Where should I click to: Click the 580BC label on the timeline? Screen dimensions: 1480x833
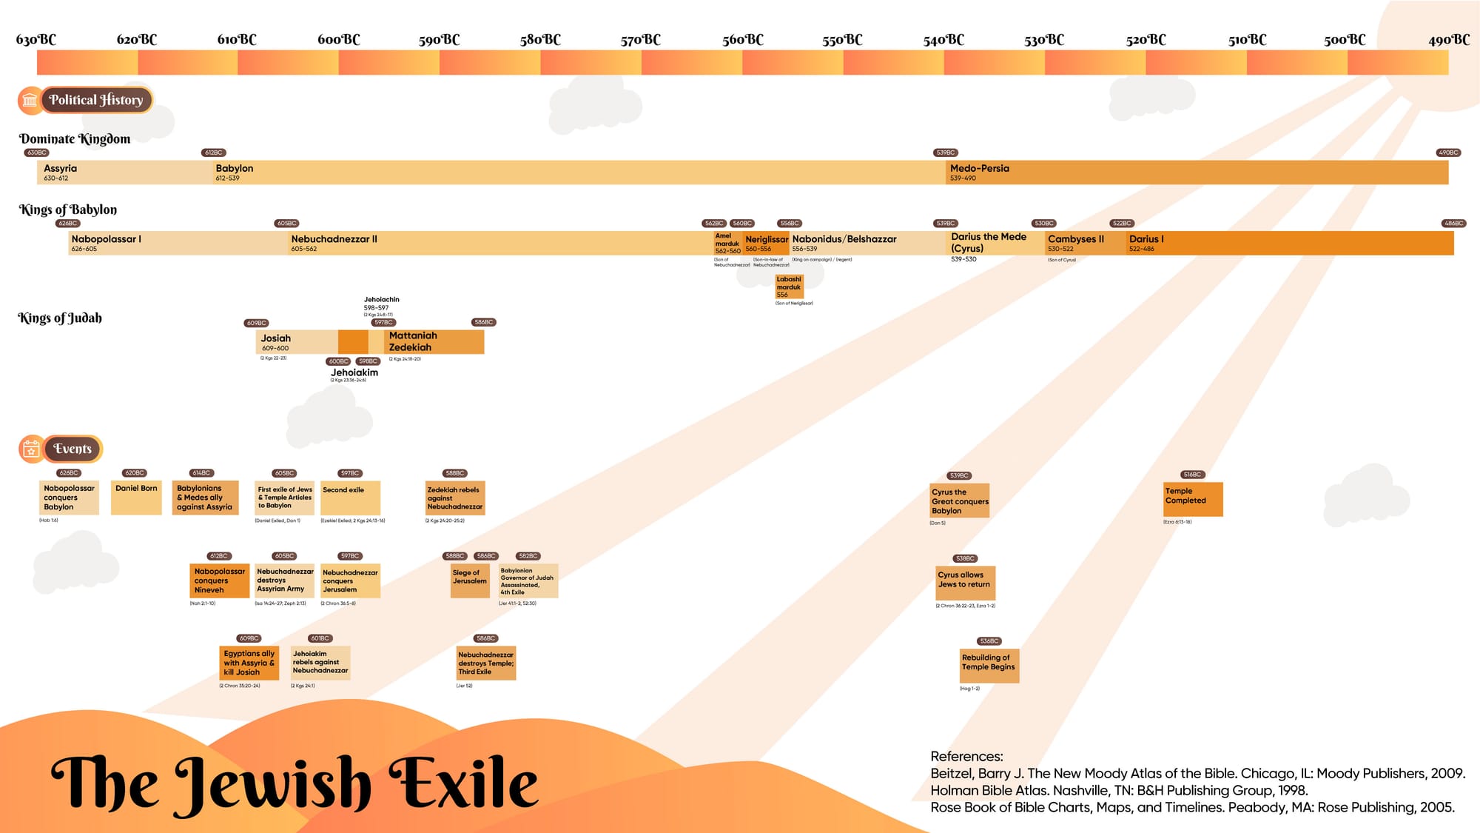pyautogui.click(x=540, y=40)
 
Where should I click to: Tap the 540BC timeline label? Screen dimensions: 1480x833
pyautogui.click(x=943, y=40)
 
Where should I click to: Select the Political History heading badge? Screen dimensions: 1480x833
pyautogui.click(x=95, y=100)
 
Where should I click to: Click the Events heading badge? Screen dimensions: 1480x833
pyautogui.click(x=72, y=449)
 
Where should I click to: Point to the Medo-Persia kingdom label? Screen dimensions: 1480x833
pyautogui.click(x=979, y=169)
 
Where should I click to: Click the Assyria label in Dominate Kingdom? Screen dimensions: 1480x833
pyautogui.click(x=60, y=169)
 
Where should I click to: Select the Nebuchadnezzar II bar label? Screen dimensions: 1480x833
pyautogui.click(x=334, y=239)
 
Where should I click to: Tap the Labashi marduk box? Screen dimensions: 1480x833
pyautogui.click(x=789, y=287)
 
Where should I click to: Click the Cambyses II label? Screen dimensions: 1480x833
pyautogui.click(x=1075, y=239)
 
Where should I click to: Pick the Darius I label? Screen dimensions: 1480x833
pyautogui.click(x=1146, y=239)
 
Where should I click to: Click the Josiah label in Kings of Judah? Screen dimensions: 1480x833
pyautogui.click(x=275, y=338)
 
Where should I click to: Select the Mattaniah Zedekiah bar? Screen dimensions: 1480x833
pyautogui.click(x=434, y=341)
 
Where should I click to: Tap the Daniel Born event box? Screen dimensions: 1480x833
pyautogui.click(x=136, y=498)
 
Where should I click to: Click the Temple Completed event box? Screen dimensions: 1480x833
pyautogui.click(x=1192, y=499)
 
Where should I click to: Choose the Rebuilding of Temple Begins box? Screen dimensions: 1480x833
pyautogui.click(x=989, y=666)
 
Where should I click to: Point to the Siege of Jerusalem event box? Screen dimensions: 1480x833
pyautogui.click(x=470, y=581)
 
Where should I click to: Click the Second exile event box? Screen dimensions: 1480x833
pyautogui.click(x=350, y=498)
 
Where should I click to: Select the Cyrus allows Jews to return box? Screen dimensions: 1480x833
pyautogui.click(x=965, y=583)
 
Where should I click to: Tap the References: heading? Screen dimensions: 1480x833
pyautogui.click(x=966, y=756)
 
